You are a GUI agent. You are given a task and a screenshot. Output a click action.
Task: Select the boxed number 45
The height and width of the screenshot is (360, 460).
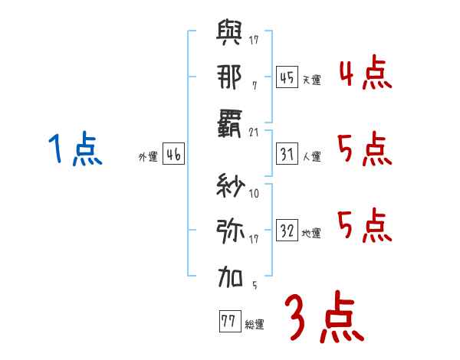pyautogui.click(x=286, y=77)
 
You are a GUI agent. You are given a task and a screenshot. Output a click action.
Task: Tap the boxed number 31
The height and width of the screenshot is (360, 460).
pyautogui.click(x=286, y=155)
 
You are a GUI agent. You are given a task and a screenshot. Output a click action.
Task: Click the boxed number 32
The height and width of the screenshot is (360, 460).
pyautogui.click(x=286, y=231)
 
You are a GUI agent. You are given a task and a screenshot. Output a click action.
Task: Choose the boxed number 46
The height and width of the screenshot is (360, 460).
pyautogui.click(x=173, y=155)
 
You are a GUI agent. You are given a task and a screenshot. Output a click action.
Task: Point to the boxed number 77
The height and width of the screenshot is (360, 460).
pyautogui.click(x=228, y=321)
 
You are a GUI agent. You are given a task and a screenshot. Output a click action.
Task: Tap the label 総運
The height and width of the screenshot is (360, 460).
pyautogui.click(x=255, y=324)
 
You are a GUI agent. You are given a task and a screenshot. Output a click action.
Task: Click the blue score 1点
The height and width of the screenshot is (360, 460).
pyautogui.click(x=74, y=149)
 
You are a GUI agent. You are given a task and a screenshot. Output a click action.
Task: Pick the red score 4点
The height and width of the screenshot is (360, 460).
pyautogui.click(x=364, y=74)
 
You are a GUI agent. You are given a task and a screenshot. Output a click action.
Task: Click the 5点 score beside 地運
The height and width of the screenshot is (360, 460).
pyautogui.click(x=364, y=225)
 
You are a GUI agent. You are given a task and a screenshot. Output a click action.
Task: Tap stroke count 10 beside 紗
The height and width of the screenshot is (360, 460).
pyautogui.click(x=254, y=194)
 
